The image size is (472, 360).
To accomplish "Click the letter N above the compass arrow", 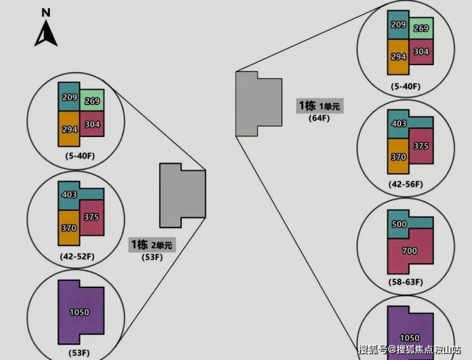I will (46, 12).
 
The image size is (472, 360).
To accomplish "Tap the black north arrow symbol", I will (46, 34).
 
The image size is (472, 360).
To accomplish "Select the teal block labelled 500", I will (399, 224).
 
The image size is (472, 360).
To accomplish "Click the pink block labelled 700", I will (409, 251).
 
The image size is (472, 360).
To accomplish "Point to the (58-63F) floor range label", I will (406, 282).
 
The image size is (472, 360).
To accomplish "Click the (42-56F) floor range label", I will (406, 184).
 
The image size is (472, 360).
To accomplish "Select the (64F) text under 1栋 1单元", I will (318, 118).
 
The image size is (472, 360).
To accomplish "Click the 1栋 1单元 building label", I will (320, 106).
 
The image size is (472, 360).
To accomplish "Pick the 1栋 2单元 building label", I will (152, 245).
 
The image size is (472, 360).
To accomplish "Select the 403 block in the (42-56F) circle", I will (399, 124).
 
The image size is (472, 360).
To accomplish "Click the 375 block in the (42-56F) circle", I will (420, 146).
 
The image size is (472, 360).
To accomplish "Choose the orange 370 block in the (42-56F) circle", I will (398, 156).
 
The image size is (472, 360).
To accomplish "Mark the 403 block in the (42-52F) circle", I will (70, 195).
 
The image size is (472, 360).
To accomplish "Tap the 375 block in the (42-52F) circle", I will (91, 217).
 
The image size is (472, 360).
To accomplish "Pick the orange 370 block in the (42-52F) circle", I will (69, 227).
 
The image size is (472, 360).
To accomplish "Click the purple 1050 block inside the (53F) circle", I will (80, 312).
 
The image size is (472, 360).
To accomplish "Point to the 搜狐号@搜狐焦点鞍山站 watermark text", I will (410, 349).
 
